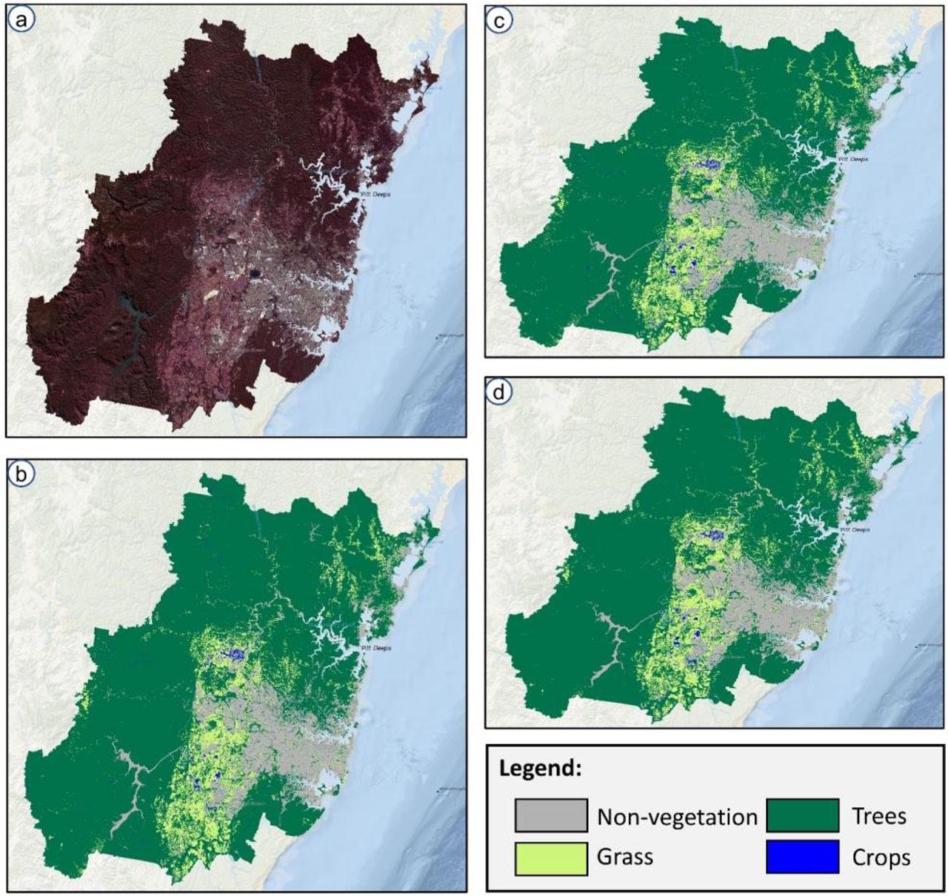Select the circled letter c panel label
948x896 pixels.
[501, 21]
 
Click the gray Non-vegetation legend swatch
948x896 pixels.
[551, 815]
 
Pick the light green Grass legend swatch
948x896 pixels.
[551, 857]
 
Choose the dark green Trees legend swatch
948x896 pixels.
[803, 815]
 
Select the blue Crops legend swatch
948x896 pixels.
[803, 857]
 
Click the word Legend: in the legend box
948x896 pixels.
[540, 768]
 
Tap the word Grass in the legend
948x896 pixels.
[625, 857]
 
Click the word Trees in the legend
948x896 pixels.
[879, 816]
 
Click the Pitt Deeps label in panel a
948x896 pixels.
[375, 194]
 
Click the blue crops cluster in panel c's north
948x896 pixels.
[711, 164]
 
